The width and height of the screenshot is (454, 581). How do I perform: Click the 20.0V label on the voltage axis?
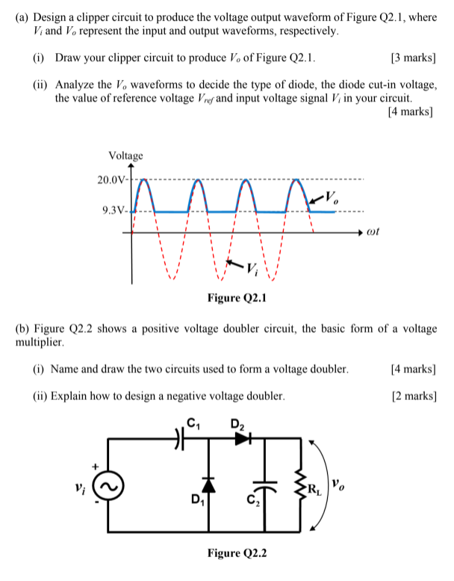(112, 179)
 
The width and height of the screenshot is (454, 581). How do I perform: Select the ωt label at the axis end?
(373, 233)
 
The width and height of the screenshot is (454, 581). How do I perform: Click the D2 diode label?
(238, 424)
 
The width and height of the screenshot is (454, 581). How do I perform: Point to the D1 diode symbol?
(208, 484)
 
